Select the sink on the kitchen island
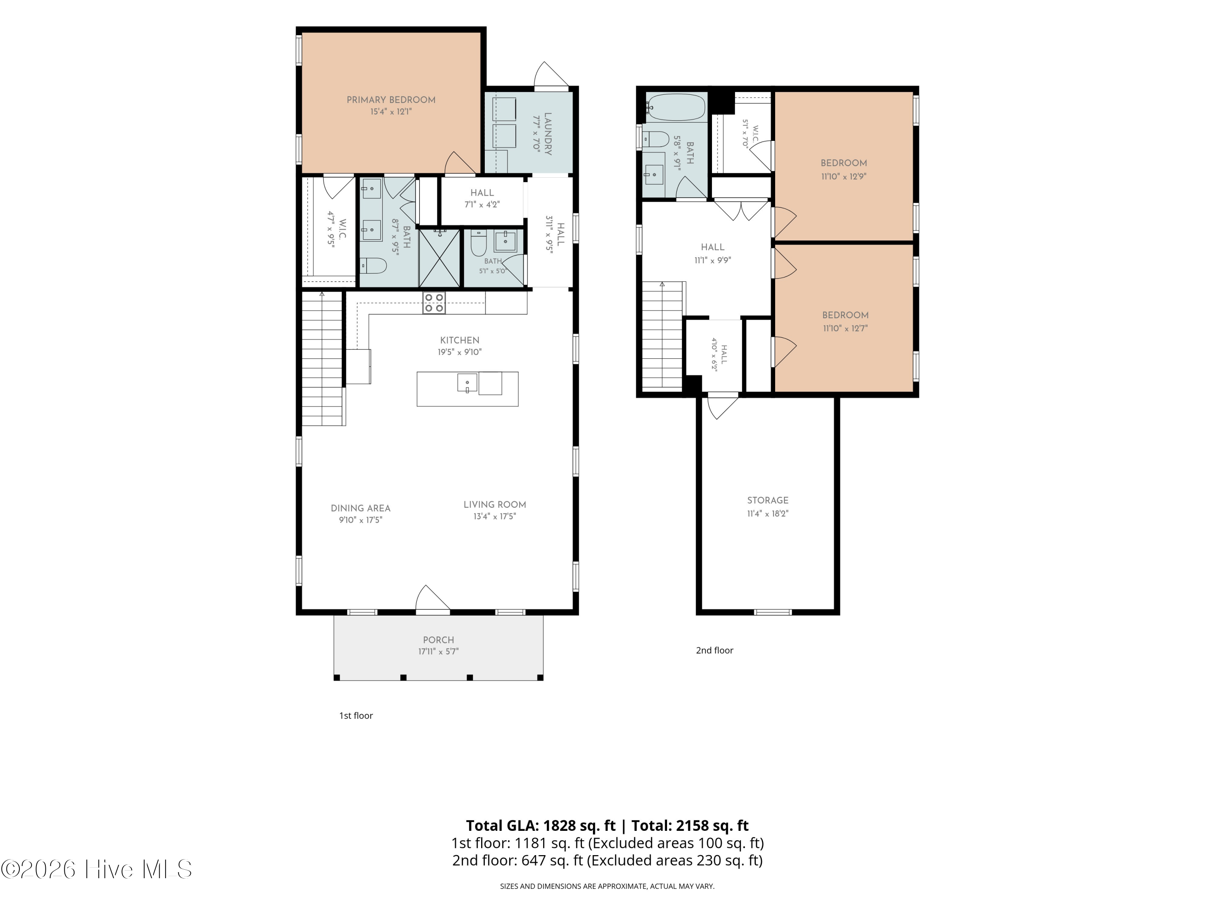point(467,382)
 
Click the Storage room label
point(767,500)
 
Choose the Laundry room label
point(548,134)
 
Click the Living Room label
point(495,504)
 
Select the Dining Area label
point(360,509)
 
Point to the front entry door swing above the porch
point(433,598)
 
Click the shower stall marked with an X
point(439,258)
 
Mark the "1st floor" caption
point(356,715)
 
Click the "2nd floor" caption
point(714,650)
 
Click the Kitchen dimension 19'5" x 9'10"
point(459,352)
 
